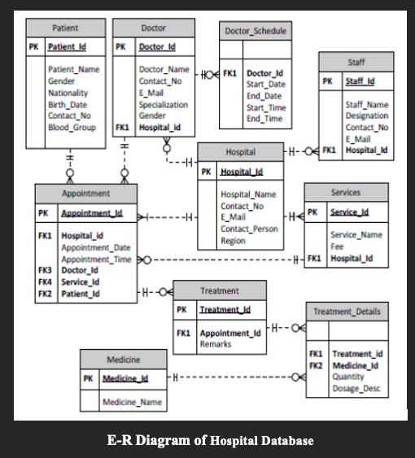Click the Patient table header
point(65,28)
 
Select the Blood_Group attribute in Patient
point(72,128)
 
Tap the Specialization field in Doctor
point(163,105)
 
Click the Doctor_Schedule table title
point(255,31)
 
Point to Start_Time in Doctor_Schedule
point(265,107)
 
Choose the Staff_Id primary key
point(360,81)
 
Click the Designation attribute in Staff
point(366,116)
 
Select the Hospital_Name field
point(248,194)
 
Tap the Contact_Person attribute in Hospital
point(249,229)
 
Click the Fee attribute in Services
point(337,246)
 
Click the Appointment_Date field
point(95,247)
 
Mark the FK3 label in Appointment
point(45,270)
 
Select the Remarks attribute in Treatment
point(216,344)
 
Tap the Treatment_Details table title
point(346,312)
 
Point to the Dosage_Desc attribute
point(356,389)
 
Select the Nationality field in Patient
point(68,93)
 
